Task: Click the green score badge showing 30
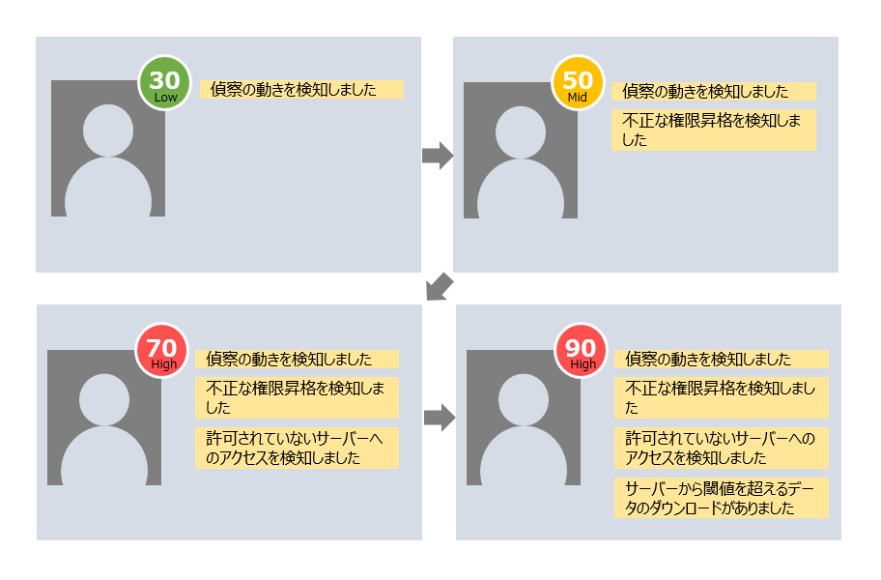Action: pyautogui.click(x=165, y=83)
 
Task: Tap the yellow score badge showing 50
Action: pyautogui.click(x=578, y=83)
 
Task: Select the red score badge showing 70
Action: pyautogui.click(x=164, y=351)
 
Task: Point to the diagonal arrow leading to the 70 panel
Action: pyautogui.click(x=440, y=286)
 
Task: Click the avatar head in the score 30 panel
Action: pyautogui.click(x=108, y=130)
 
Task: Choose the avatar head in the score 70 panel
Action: pyautogui.click(x=104, y=397)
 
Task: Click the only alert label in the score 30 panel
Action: pyautogui.click(x=301, y=90)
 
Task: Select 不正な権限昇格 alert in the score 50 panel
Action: pyautogui.click(x=714, y=130)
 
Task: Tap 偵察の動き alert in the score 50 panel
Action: pyautogui.click(x=714, y=92)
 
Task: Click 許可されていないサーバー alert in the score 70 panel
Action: pyautogui.click(x=297, y=449)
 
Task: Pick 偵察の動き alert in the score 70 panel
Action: pyautogui.click(x=297, y=359)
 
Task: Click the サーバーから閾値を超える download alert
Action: pyautogui.click(x=721, y=498)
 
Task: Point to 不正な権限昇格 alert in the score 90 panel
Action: pyautogui.click(x=721, y=397)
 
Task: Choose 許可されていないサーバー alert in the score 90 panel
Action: pyautogui.click(x=721, y=449)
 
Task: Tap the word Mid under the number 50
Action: pyautogui.click(x=578, y=99)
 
